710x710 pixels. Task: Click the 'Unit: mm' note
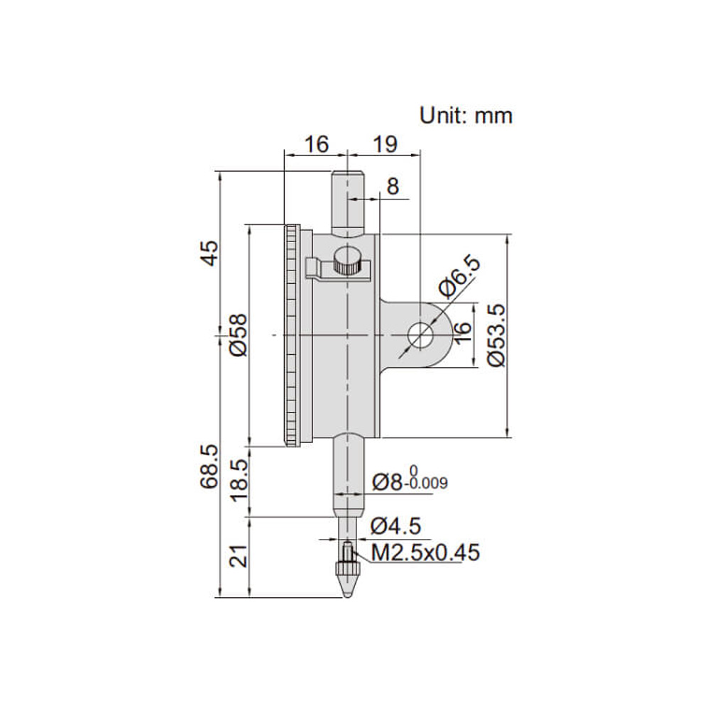(466, 116)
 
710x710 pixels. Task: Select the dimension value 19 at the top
(385, 144)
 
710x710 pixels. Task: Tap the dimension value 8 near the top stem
(393, 186)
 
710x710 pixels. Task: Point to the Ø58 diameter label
(239, 334)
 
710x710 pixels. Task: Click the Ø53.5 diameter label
(496, 335)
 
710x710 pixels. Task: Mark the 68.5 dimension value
(209, 466)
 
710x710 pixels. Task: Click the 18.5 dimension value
(239, 480)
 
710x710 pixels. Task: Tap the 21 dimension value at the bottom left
(239, 555)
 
